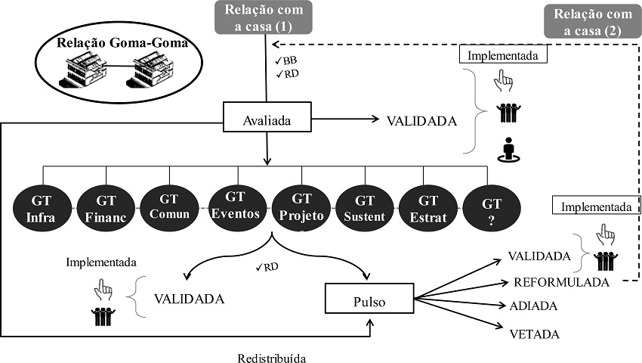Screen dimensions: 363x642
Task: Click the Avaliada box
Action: (x=267, y=119)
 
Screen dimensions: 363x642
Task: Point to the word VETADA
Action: (x=534, y=334)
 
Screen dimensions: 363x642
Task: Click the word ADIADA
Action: (x=534, y=306)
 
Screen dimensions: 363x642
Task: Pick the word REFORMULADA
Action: (x=561, y=282)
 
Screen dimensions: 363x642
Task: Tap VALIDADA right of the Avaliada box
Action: (x=421, y=120)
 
